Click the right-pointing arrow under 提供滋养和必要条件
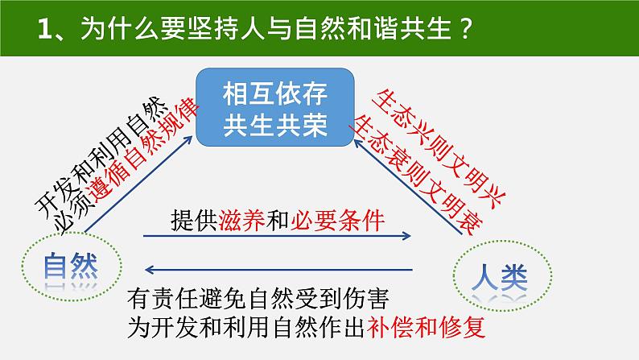pos(278,236)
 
